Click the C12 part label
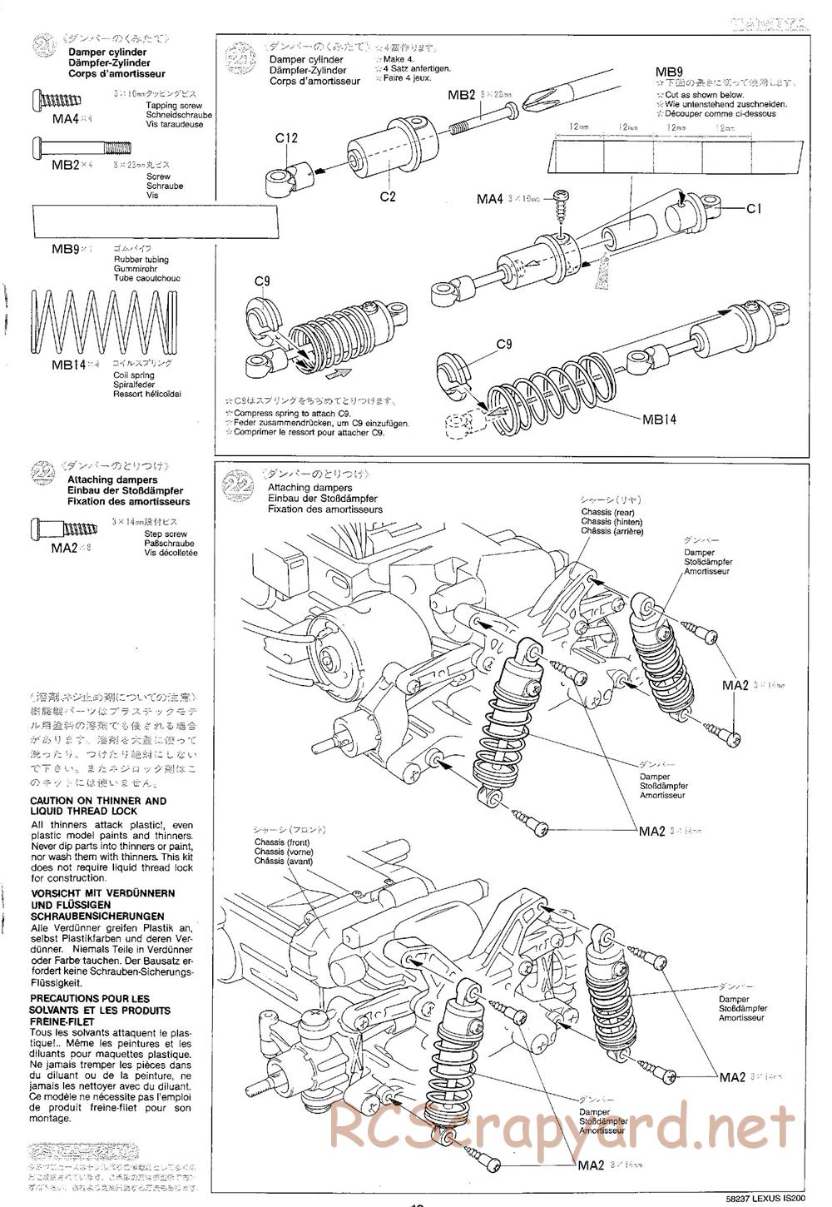pos(286,138)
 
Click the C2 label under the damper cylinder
pos(387,196)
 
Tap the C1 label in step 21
pos(754,209)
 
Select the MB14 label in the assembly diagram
pos(659,419)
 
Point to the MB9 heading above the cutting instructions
pos(669,72)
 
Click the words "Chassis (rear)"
pos(607,512)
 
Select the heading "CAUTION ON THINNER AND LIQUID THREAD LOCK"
pos(98,806)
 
